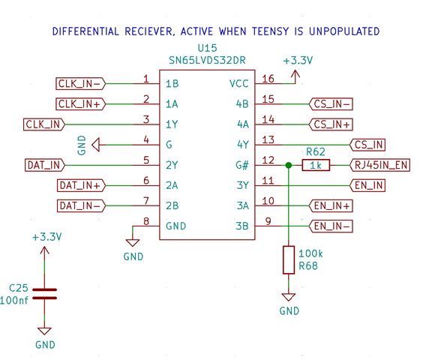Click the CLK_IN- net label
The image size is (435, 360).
(x=80, y=84)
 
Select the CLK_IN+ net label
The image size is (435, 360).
(x=80, y=104)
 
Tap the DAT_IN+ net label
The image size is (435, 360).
(x=81, y=185)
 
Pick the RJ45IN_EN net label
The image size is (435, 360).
(x=379, y=165)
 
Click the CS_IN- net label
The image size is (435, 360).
(x=331, y=104)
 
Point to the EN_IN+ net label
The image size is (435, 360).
(x=331, y=205)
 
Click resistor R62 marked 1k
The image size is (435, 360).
(x=316, y=165)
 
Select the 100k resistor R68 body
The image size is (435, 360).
(x=289, y=260)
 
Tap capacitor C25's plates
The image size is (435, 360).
(x=44, y=294)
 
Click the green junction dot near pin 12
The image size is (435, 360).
(x=289, y=165)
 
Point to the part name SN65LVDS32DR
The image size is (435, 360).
(x=207, y=60)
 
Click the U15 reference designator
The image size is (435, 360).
(x=207, y=48)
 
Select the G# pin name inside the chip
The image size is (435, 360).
(x=242, y=165)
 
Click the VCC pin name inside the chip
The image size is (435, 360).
(x=238, y=84)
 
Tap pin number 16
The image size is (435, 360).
(x=268, y=79)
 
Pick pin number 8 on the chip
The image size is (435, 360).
(x=146, y=221)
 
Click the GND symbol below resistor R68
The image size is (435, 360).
(x=289, y=297)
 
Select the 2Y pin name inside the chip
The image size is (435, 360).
(x=172, y=165)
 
